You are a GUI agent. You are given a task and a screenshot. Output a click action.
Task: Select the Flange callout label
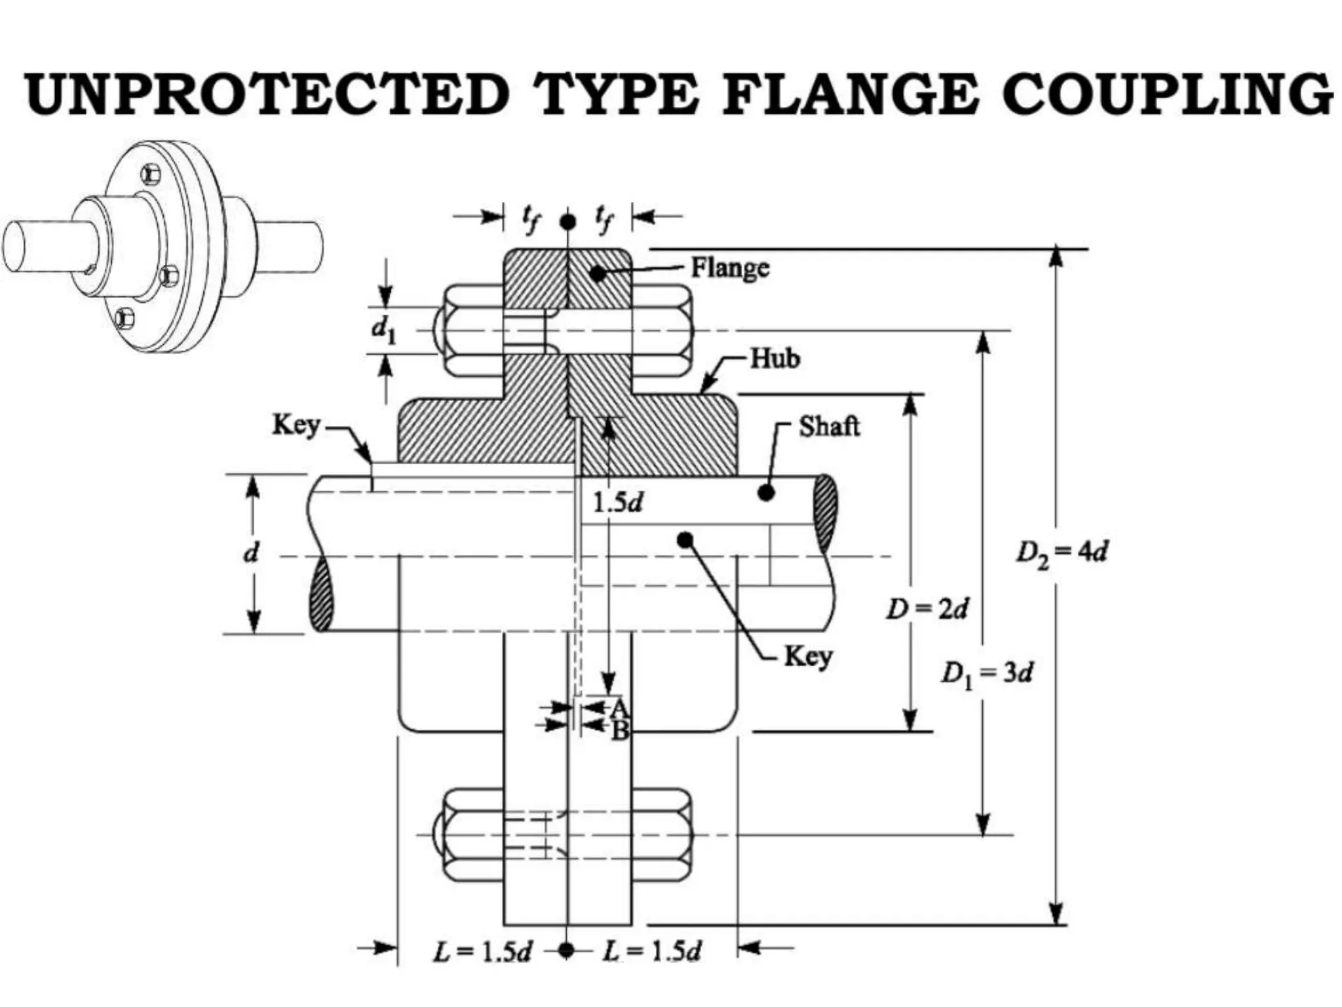[730, 268]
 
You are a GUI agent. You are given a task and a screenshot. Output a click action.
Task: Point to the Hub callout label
[775, 359]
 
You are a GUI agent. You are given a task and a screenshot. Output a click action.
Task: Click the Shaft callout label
[829, 427]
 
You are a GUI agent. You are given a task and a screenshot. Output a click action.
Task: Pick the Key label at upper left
[296, 425]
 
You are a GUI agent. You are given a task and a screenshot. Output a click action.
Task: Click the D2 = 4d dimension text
[1062, 553]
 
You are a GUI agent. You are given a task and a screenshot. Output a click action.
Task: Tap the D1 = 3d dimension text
[987, 673]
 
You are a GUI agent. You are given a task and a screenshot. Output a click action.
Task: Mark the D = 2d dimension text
[927, 610]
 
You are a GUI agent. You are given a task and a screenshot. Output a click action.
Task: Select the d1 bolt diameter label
[384, 330]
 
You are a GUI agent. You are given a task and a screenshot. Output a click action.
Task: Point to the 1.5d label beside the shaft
[617, 503]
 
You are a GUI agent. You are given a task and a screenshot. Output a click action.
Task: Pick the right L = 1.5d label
[651, 952]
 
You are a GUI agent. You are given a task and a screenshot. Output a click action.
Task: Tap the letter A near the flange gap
[619, 707]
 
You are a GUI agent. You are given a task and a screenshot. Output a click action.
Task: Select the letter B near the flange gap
[620, 730]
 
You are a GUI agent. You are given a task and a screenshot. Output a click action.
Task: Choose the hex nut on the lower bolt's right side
[662, 835]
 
